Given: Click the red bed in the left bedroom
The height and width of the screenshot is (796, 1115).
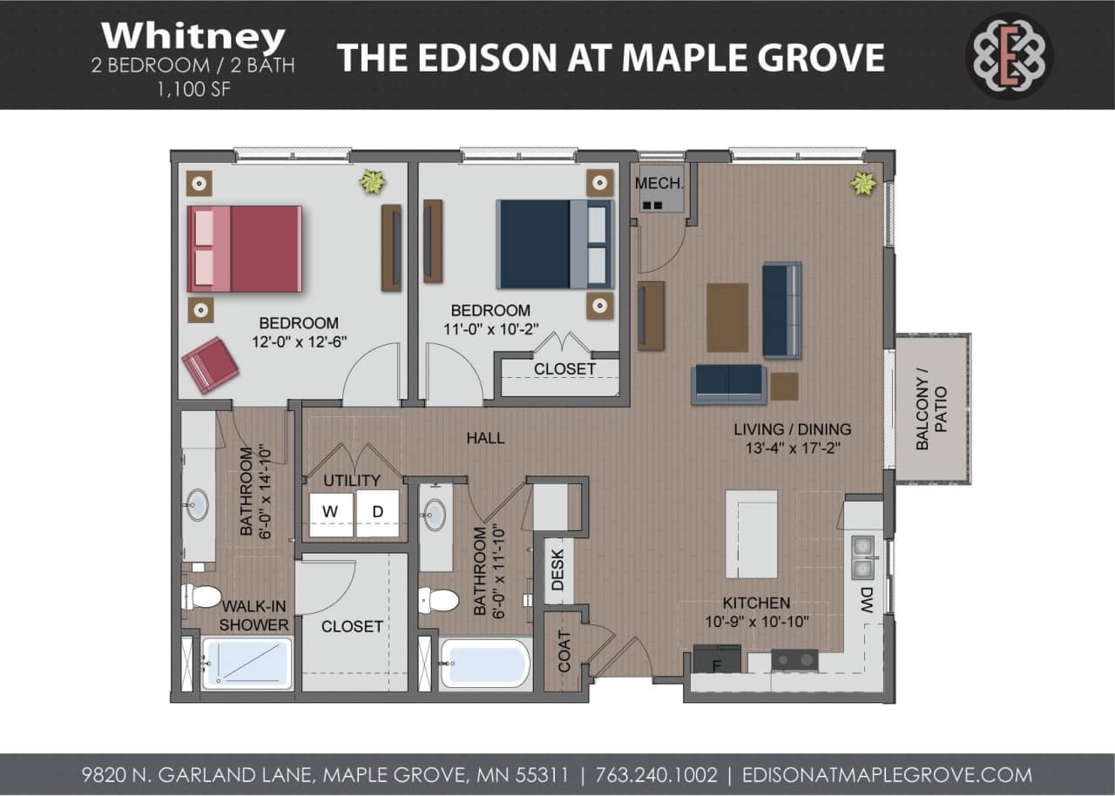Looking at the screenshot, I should point(245,248).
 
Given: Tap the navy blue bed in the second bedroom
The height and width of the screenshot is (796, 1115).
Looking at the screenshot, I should point(555,244).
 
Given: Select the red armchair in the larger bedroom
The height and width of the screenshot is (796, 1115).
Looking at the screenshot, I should point(210,365).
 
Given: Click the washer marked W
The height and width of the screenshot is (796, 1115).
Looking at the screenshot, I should point(331,513).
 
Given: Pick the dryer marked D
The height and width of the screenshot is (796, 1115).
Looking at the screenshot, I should point(378,513).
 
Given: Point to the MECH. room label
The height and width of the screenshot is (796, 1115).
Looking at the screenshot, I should point(659,184).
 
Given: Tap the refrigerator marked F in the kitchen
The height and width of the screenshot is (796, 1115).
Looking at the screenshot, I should point(717,660).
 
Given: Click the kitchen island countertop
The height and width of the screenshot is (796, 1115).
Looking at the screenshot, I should point(751,533).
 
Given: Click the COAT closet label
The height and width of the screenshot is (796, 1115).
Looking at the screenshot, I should point(564,651).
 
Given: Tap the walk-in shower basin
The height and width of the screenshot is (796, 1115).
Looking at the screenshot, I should point(247,664).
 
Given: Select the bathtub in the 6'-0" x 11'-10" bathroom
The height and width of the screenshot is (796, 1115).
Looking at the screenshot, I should point(484,664).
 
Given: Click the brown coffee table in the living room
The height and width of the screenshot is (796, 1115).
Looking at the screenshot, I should point(726,317).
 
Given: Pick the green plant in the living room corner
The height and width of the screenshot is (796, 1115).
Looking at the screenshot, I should point(863,183).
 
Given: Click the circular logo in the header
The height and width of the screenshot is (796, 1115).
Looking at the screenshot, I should point(1009,57).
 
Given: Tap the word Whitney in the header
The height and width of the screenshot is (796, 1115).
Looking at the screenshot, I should point(193,37).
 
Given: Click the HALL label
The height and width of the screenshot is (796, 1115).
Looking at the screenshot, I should point(485,438).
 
